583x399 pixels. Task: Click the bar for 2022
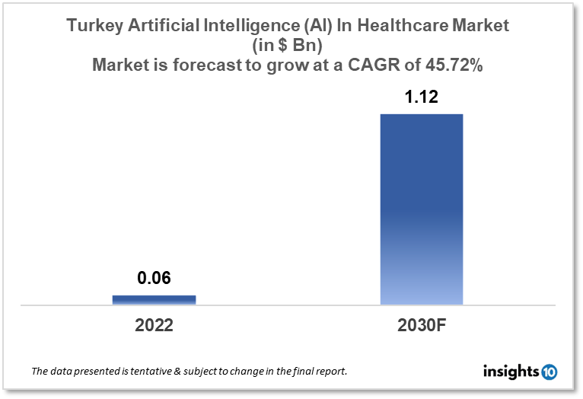pos(154,299)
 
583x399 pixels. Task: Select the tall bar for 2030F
pos(421,209)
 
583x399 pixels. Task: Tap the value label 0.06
pos(154,279)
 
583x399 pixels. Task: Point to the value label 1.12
pos(421,97)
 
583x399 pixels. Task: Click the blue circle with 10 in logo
pos(549,372)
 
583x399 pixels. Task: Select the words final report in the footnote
pos(320,372)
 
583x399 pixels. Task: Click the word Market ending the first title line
pos(480,26)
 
